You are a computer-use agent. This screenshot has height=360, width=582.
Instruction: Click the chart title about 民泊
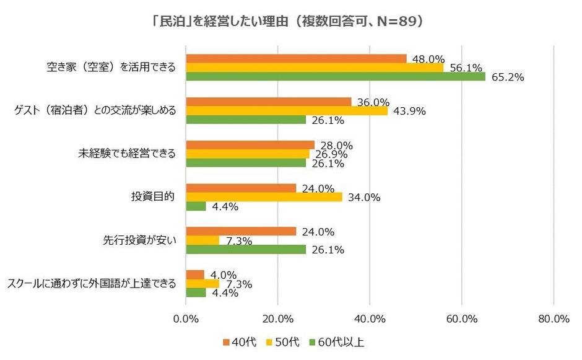(x=290, y=21)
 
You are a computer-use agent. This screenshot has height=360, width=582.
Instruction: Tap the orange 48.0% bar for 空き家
(x=297, y=58)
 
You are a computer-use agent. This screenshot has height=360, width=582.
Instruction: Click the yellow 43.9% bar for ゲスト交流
(x=287, y=111)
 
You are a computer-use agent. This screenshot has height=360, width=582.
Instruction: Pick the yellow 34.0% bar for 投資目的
(x=264, y=197)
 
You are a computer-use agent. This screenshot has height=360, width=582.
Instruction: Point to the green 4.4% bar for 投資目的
(x=196, y=206)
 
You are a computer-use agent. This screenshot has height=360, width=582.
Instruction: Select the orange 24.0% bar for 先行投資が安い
(x=241, y=231)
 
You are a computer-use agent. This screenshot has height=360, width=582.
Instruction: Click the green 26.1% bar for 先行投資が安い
(x=246, y=249)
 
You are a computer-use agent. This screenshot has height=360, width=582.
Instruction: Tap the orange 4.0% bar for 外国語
(x=195, y=274)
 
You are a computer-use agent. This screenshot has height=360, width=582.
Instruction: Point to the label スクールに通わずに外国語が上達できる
(x=92, y=284)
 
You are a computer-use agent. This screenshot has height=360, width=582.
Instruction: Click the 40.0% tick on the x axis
(x=370, y=318)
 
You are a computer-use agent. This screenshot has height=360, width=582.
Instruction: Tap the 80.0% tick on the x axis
(x=554, y=318)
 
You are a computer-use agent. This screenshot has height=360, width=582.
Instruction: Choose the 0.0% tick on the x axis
(x=186, y=318)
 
